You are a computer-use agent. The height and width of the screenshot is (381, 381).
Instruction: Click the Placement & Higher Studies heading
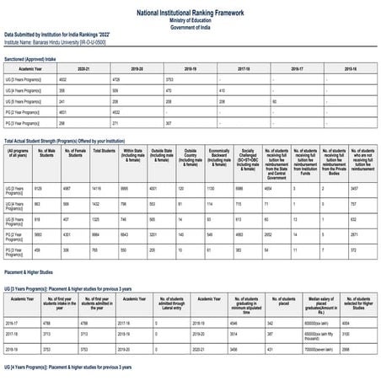click(x=35, y=272)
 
